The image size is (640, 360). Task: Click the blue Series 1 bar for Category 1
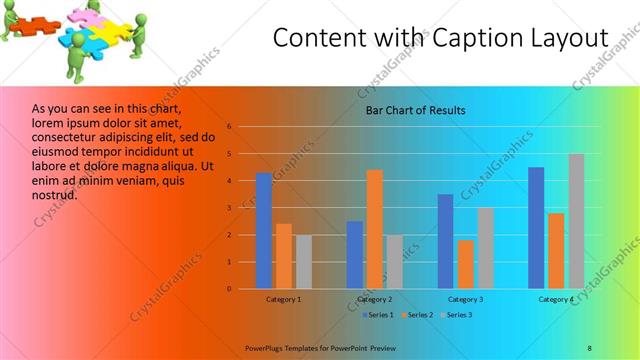pos(264,231)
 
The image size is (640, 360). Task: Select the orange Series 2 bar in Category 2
pos(375,229)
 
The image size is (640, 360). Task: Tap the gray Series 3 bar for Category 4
pos(576,221)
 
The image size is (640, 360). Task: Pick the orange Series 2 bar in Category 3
pos(466,264)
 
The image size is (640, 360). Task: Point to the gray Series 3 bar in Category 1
pos(304,262)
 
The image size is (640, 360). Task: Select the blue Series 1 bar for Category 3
pos(446,241)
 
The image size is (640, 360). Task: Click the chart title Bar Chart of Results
pos(415,110)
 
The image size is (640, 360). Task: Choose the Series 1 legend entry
pos(378,315)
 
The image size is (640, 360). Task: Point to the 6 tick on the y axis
pos(229,127)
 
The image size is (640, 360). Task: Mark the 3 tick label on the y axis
pos(229,208)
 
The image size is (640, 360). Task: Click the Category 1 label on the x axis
pos(284,299)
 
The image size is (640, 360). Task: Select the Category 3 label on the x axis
pos(466,299)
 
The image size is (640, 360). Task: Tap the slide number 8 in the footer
pos(590,347)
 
